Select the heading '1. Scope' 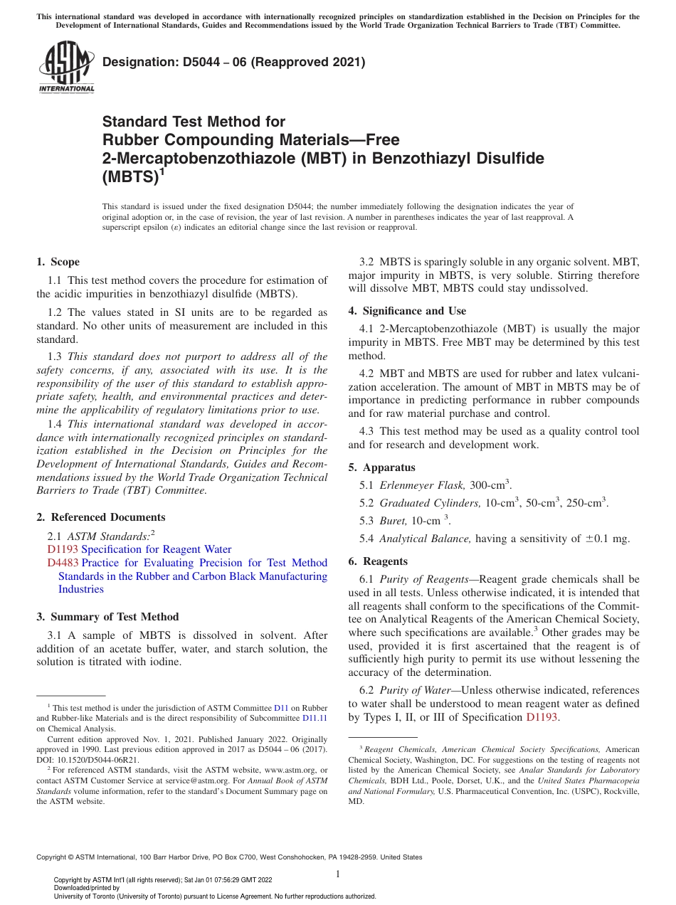tap(58, 262)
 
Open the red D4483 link tap(63, 563)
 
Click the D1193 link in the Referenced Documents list tap(63, 549)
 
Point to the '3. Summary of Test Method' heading tap(107, 617)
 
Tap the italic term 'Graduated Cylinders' tap(430, 503)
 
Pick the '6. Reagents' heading tap(385, 561)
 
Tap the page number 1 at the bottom tap(338, 874)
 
